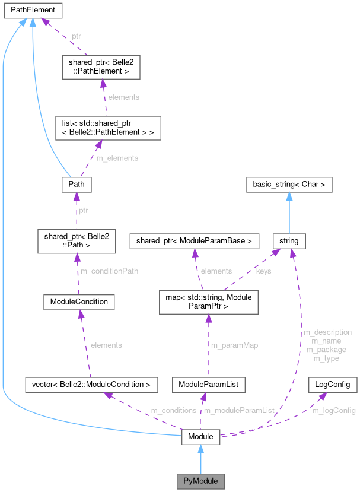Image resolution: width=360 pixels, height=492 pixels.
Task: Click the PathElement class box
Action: coord(31,10)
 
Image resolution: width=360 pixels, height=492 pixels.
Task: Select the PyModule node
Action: coord(200,479)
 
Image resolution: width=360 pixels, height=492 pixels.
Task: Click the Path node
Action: coord(77,184)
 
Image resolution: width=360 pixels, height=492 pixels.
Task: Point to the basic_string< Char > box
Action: coord(289,185)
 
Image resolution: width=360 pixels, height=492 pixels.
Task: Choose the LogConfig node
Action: coord(333,385)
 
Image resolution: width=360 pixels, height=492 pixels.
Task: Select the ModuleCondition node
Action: coord(79,301)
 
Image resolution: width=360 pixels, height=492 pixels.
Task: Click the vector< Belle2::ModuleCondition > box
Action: coord(91,385)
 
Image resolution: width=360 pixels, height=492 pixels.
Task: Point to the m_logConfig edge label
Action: coord(334,410)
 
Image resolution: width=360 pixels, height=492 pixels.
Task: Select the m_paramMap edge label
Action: coord(235,345)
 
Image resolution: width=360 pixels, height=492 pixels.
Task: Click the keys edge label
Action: coord(263,271)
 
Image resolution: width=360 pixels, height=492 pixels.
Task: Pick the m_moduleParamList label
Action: coord(239,410)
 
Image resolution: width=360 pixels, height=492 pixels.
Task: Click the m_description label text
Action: coord(327,332)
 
